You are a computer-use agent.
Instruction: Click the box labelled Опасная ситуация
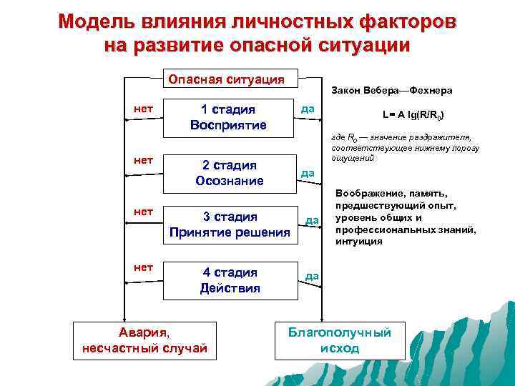[226, 78]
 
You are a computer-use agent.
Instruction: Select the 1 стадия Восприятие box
[229, 117]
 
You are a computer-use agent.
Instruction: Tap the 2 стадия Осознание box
[229, 173]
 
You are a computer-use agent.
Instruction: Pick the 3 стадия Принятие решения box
[229, 224]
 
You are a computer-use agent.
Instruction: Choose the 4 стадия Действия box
[229, 280]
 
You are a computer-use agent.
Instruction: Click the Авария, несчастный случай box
[144, 340]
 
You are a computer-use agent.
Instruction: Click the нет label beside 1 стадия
[143, 108]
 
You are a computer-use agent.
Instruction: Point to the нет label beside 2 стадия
[143, 159]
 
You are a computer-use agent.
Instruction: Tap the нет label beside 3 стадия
[143, 212]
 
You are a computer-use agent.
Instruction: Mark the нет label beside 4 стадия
[143, 267]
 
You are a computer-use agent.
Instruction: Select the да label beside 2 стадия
[308, 172]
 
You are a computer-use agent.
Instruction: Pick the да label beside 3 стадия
[312, 220]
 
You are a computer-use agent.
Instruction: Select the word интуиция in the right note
[358, 242]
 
